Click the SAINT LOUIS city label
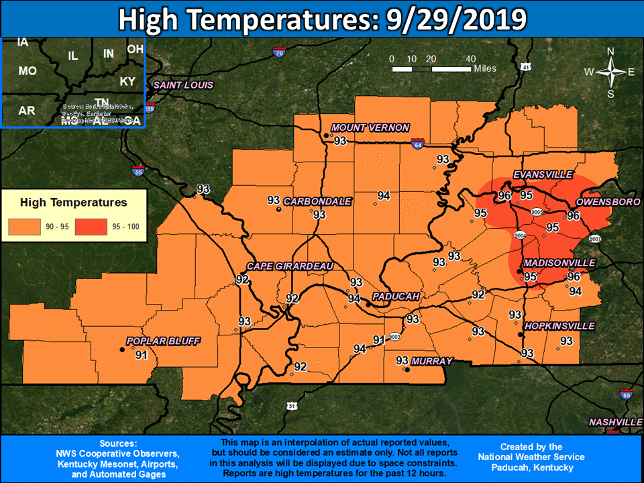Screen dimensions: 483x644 pos(183,85)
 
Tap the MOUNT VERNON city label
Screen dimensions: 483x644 pos(370,128)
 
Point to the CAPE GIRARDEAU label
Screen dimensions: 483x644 pos(290,266)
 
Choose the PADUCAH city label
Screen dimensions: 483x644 pos(396,297)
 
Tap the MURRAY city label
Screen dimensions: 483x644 pos(432,361)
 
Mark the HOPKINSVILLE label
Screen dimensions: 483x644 pos(559,326)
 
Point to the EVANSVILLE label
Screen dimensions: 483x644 pos(543,175)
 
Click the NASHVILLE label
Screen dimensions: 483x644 pos(615,422)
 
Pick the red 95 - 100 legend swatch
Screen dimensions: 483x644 pos(90,227)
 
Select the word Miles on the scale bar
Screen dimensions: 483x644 pos(484,68)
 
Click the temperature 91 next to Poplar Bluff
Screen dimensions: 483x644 pos(142,355)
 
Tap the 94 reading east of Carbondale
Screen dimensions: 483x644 pos(384,196)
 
